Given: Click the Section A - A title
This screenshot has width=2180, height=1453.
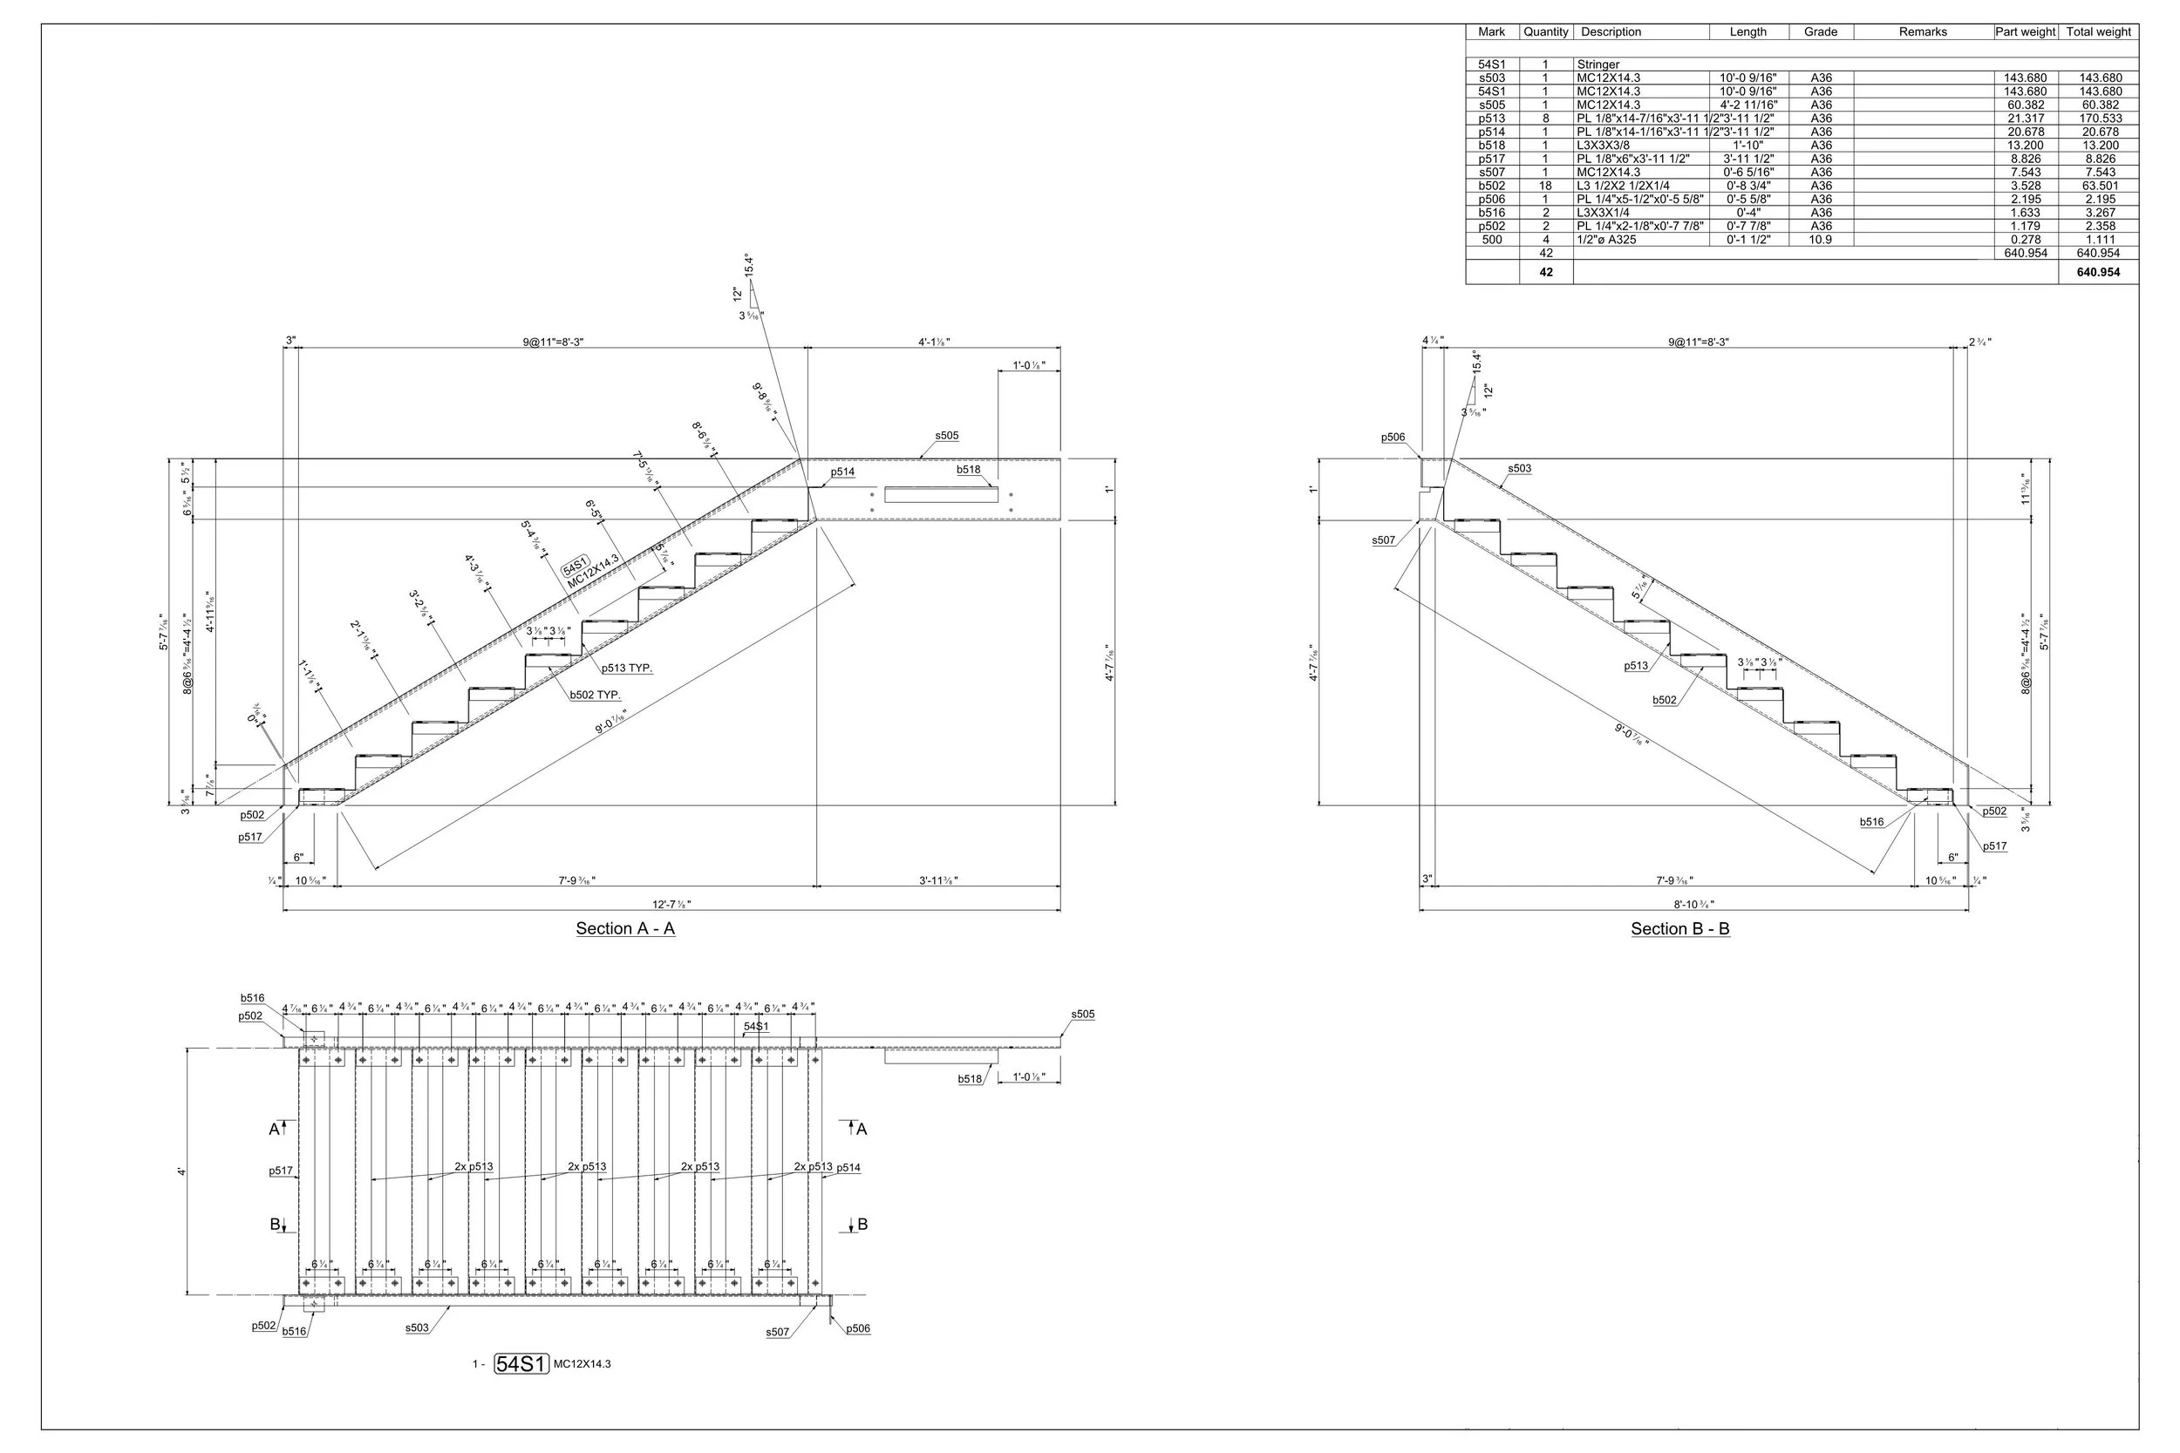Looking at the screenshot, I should [624, 928].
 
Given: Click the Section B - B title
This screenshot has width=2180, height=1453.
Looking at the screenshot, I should [1679, 928].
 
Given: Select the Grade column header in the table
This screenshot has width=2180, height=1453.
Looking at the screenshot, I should [1821, 31].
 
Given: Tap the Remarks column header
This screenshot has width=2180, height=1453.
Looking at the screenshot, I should [1923, 31].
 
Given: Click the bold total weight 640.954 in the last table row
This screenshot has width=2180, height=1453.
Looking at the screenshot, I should [2098, 273].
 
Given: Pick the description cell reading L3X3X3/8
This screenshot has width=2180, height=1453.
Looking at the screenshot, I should [1604, 146].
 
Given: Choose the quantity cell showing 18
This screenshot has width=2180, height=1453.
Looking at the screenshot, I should [1545, 186].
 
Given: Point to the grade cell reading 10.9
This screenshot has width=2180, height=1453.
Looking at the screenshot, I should [1821, 239].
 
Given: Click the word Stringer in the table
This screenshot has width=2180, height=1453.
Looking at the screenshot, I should [1598, 65].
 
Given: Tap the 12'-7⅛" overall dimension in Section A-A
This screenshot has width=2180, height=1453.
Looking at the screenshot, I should [672, 905].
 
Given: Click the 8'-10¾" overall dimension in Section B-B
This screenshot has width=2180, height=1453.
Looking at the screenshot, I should [1693, 905].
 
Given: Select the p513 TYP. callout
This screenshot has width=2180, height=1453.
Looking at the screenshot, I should [627, 669].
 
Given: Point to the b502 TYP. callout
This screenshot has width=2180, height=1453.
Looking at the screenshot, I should [595, 695].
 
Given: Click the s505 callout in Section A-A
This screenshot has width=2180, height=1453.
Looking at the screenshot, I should [946, 436].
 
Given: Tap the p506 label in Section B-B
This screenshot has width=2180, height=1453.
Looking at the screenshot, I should [1393, 438].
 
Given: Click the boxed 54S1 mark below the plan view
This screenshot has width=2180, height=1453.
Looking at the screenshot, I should [521, 1364].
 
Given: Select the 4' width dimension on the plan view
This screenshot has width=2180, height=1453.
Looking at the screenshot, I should [182, 1172].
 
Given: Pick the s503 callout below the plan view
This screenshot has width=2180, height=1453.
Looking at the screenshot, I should [417, 1327].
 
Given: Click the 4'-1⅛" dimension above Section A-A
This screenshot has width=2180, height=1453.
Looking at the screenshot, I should [933, 342].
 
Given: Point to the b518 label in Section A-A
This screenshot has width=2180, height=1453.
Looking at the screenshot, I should [968, 470].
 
